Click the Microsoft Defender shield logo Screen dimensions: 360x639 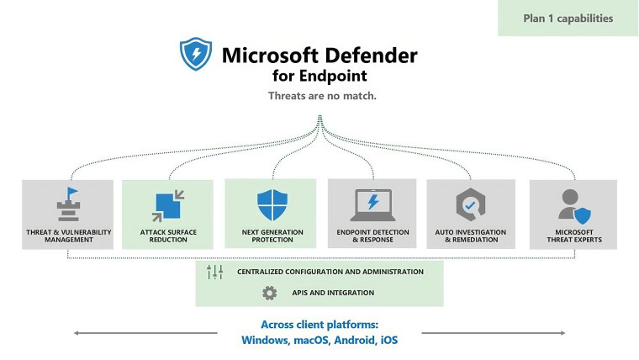[196, 53]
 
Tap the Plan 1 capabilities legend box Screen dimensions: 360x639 [568, 18]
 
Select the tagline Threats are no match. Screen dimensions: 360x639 [321, 95]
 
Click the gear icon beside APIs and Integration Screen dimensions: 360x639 [269, 293]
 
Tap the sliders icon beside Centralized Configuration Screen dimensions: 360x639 [214, 272]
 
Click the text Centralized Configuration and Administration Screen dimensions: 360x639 [330, 272]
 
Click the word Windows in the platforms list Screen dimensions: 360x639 [265, 340]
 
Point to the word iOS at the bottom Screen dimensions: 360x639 [388, 340]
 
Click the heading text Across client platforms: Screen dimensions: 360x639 [319, 324]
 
